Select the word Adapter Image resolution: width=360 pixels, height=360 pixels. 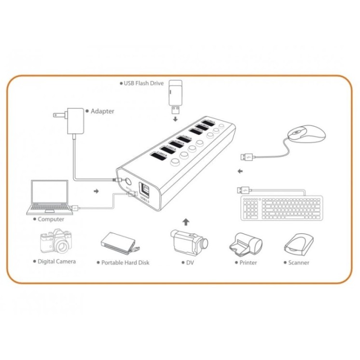(x=102, y=111)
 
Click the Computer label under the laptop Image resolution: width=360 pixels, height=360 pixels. (x=51, y=219)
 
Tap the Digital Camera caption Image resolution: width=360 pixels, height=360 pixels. (x=56, y=261)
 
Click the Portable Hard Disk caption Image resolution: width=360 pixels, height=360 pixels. (x=125, y=263)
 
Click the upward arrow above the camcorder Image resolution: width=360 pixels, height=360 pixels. (x=187, y=222)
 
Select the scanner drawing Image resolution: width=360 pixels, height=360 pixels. (x=298, y=244)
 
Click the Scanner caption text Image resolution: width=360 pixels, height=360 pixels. (x=298, y=263)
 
